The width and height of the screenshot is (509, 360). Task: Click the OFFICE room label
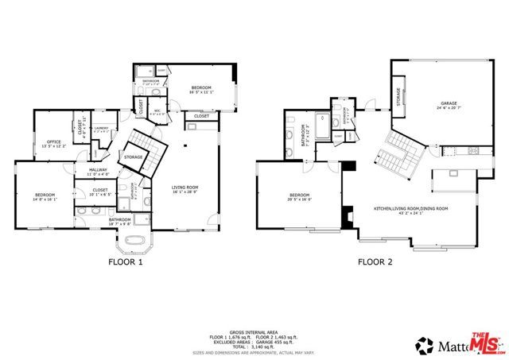[x=54, y=141]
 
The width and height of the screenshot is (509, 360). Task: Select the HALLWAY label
[x=98, y=169]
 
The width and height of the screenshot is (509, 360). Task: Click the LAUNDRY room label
[x=101, y=128]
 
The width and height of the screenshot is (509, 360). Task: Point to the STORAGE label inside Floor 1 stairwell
[x=133, y=157]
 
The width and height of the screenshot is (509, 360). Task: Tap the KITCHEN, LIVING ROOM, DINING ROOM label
[x=411, y=208]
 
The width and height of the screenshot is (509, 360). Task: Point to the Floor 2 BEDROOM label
[x=299, y=195]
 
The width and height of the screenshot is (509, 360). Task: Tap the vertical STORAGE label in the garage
[x=398, y=96]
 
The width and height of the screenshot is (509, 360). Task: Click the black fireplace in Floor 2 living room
[x=348, y=215]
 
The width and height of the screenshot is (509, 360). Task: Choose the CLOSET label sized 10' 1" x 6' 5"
[x=99, y=191]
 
